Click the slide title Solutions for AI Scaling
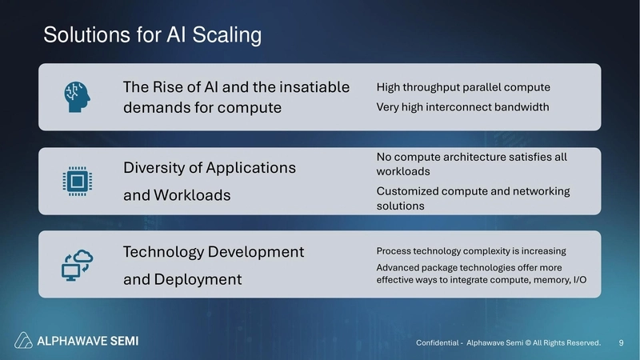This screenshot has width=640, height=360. click(152, 35)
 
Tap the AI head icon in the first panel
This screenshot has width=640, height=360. click(78, 97)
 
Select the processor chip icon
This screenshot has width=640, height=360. click(78, 182)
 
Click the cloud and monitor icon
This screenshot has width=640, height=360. click(78, 265)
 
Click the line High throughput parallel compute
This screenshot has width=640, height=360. click(463, 86)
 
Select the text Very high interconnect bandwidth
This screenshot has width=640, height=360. click(462, 106)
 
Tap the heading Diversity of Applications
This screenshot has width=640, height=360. click(209, 168)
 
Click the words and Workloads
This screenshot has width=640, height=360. click(176, 194)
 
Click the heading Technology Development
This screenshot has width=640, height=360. click(213, 252)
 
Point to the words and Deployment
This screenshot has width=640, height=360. click(182, 279)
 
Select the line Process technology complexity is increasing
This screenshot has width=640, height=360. click(471, 250)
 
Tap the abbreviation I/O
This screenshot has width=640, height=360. click(586, 280)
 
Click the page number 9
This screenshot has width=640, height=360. click(622, 342)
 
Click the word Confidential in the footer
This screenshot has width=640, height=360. click(438, 342)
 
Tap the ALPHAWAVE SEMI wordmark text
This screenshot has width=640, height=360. click(88, 341)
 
